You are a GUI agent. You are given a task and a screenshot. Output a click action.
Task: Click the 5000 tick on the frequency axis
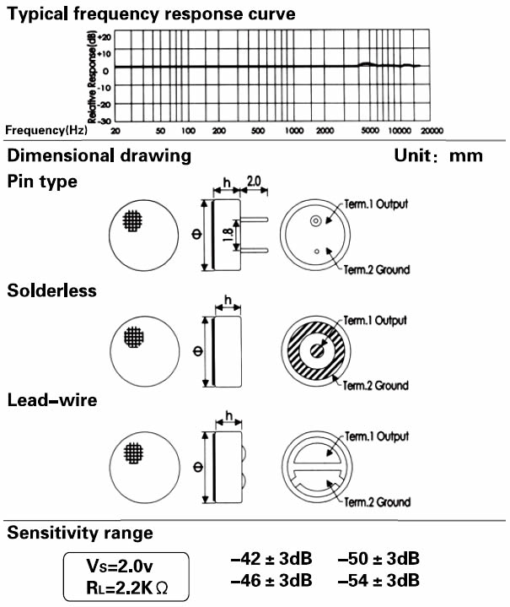[x=369, y=131]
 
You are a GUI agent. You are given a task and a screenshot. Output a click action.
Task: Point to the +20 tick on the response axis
[x=105, y=37]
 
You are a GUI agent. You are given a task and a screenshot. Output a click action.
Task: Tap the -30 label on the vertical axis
[x=104, y=121]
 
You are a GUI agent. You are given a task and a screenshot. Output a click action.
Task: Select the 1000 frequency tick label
[x=294, y=131]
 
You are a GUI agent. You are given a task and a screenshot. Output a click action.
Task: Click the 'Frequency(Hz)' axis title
[x=46, y=130]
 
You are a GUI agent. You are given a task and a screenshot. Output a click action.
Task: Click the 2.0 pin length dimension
[x=254, y=182]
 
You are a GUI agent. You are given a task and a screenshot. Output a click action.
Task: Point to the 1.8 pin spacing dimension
[x=228, y=235]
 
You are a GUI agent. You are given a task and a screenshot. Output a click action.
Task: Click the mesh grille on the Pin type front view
[x=132, y=220]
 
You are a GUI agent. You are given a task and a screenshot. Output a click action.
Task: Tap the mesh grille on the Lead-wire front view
[x=133, y=453]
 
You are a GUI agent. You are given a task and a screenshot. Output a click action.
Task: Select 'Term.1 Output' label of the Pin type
[x=376, y=204]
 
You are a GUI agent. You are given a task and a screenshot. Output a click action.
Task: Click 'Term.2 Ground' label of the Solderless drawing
[x=375, y=386]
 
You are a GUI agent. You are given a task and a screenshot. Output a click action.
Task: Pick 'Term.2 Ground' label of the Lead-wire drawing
[x=378, y=502]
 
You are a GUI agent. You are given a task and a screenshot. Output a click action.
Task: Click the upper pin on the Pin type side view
[x=255, y=219]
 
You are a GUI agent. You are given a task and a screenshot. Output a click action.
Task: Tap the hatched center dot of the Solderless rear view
[x=318, y=350]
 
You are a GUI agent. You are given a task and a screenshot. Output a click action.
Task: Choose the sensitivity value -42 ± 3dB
[x=271, y=559]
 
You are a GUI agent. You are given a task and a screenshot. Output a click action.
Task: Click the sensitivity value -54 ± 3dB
[x=378, y=581]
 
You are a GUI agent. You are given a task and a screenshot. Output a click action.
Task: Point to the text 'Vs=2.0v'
[x=120, y=566]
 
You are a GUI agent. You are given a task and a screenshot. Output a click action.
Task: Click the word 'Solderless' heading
[x=51, y=290]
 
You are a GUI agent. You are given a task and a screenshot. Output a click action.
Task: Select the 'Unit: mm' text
[x=438, y=155]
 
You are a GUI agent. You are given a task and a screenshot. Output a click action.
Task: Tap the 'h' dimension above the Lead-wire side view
[x=229, y=416]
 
